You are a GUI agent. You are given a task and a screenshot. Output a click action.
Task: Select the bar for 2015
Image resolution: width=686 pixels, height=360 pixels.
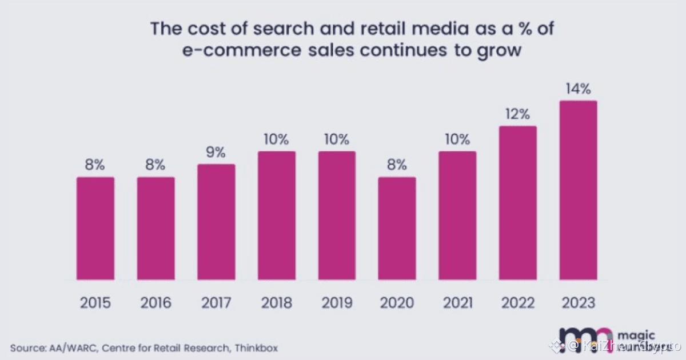click(x=95, y=229)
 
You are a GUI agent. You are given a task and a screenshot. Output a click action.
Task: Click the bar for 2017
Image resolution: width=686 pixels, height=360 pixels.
click(x=216, y=222)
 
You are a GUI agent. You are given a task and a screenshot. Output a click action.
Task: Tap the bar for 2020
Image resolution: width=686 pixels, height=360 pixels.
click(x=397, y=229)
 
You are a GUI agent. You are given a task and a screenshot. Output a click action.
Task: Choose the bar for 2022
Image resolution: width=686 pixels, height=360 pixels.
click(x=518, y=203)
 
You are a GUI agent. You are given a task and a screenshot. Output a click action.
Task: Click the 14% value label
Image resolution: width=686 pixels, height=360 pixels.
click(x=579, y=89)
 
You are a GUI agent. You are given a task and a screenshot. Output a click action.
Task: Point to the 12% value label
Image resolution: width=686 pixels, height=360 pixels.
click(x=518, y=114)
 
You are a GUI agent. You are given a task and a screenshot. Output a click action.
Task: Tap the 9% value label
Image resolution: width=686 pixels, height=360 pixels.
click(x=216, y=153)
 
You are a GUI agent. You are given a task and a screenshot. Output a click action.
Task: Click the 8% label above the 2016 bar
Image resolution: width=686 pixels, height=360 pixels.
click(x=155, y=165)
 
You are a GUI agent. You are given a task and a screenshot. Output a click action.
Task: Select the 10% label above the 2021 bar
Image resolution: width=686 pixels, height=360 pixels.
click(x=457, y=139)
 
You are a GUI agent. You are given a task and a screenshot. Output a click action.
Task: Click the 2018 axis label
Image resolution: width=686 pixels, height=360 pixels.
click(x=277, y=302)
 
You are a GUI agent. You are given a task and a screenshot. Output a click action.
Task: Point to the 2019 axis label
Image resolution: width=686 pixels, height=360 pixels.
click(x=337, y=302)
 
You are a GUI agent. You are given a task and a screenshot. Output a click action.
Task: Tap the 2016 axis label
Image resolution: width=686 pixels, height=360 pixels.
click(x=155, y=302)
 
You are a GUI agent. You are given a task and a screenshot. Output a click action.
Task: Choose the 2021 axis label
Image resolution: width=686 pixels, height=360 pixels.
click(x=457, y=302)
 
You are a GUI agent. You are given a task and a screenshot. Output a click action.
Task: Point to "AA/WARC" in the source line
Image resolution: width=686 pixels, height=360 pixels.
click(x=55, y=347)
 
